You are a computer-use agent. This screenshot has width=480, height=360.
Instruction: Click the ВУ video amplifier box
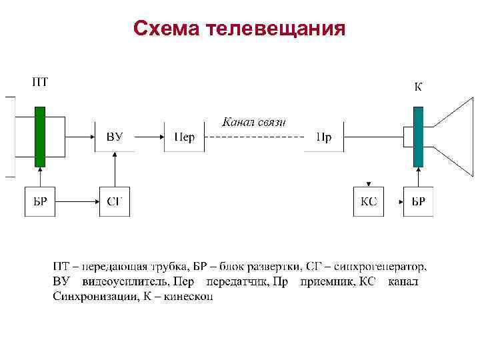[x=115, y=137]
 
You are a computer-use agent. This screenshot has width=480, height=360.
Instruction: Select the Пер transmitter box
[x=184, y=137]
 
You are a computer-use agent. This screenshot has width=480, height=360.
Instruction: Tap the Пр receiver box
[x=324, y=137]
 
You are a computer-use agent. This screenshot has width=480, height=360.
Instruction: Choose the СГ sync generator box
[x=115, y=201]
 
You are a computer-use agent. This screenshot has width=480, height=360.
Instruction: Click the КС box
[x=369, y=201]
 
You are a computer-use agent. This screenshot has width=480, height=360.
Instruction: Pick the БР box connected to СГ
[x=41, y=201]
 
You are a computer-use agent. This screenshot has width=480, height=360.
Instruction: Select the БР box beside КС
[x=418, y=201]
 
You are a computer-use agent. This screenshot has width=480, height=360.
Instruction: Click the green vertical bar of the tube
[x=40, y=136]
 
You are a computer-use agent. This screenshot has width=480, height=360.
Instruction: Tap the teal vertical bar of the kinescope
[x=418, y=136]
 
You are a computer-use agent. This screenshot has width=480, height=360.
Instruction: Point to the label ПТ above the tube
[x=40, y=83]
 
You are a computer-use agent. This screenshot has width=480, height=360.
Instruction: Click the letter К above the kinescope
[x=418, y=87]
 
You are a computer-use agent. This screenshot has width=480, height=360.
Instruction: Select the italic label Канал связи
[x=253, y=121]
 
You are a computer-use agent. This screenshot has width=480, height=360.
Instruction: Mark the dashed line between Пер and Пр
[x=254, y=137]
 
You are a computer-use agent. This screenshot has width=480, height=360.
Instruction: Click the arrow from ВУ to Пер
[x=150, y=137]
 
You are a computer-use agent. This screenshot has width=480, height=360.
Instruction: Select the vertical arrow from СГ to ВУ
[x=115, y=169]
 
